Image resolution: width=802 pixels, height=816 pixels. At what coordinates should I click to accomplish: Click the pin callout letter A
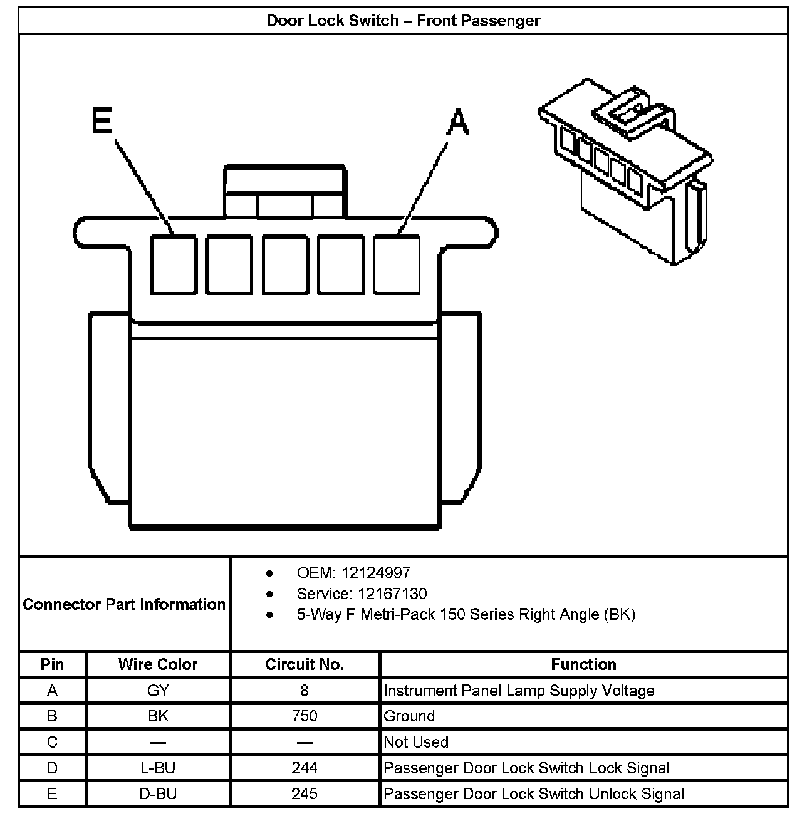pos(457,122)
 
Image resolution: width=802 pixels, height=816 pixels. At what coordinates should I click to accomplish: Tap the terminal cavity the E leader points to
pos(172,264)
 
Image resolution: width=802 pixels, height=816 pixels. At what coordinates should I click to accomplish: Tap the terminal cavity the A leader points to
pos(397,264)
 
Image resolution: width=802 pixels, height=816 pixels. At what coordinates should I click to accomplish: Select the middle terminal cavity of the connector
pos(285,264)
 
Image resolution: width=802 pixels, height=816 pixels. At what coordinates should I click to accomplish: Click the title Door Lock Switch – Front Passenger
pos(403,21)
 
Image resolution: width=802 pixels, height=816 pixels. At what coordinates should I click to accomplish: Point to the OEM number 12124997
pos(375,573)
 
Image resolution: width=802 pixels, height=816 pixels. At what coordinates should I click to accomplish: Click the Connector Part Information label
pos(124,604)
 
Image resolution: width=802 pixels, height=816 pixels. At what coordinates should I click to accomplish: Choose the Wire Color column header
pos(158,664)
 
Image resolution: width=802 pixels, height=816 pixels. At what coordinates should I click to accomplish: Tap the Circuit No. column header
pos(305,664)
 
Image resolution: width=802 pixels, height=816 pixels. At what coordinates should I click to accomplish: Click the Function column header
pos(583,664)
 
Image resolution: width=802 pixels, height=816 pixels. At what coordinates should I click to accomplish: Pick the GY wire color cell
pos(158,691)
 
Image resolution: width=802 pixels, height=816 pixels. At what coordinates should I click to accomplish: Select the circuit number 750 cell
pos(305,716)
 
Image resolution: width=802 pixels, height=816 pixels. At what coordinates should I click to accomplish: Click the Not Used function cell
pos(416,742)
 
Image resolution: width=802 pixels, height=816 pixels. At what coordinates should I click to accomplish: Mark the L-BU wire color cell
pos(158,768)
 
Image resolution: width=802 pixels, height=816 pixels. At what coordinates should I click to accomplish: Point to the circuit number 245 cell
pos(305,794)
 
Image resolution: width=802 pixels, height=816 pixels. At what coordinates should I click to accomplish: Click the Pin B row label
pos(52,716)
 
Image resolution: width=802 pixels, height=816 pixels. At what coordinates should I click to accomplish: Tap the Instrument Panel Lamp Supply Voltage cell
pos(519,691)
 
